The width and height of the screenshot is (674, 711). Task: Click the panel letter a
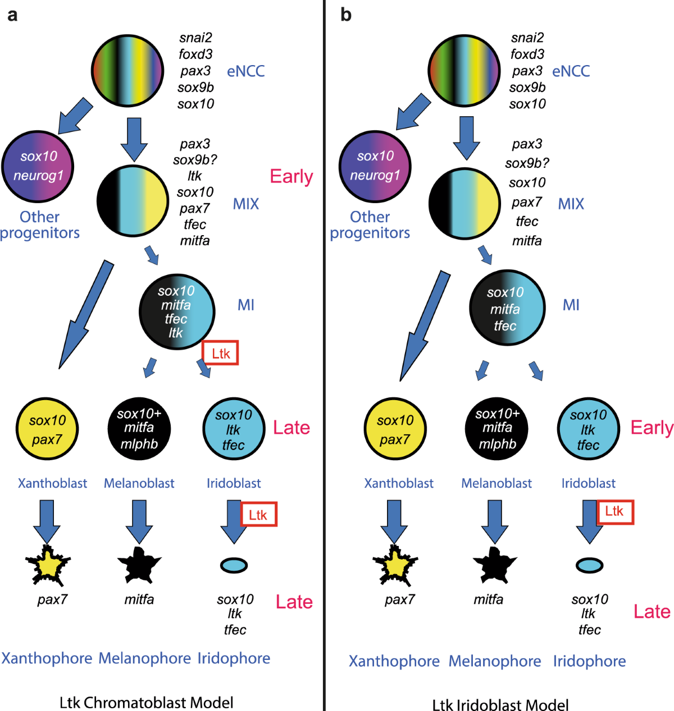(12, 15)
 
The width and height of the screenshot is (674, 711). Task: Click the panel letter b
(346, 15)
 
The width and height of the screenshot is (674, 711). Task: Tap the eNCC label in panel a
(245, 71)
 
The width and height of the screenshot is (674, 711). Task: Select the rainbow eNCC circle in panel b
(463, 71)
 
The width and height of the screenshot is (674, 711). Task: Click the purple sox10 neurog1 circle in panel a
(38, 166)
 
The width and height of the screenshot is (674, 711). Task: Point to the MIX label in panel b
(571, 204)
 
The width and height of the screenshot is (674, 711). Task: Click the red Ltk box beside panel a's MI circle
(221, 354)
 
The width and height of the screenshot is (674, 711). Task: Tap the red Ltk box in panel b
(614, 511)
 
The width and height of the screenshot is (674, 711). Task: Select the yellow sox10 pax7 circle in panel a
(47, 429)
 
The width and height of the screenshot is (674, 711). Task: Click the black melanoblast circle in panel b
(497, 429)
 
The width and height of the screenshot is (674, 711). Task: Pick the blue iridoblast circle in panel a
(233, 429)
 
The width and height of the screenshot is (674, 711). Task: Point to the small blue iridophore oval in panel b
(589, 565)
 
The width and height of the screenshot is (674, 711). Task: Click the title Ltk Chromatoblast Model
(146, 702)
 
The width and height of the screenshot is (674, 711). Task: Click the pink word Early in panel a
(291, 176)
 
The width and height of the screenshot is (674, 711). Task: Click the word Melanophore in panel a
(145, 658)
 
